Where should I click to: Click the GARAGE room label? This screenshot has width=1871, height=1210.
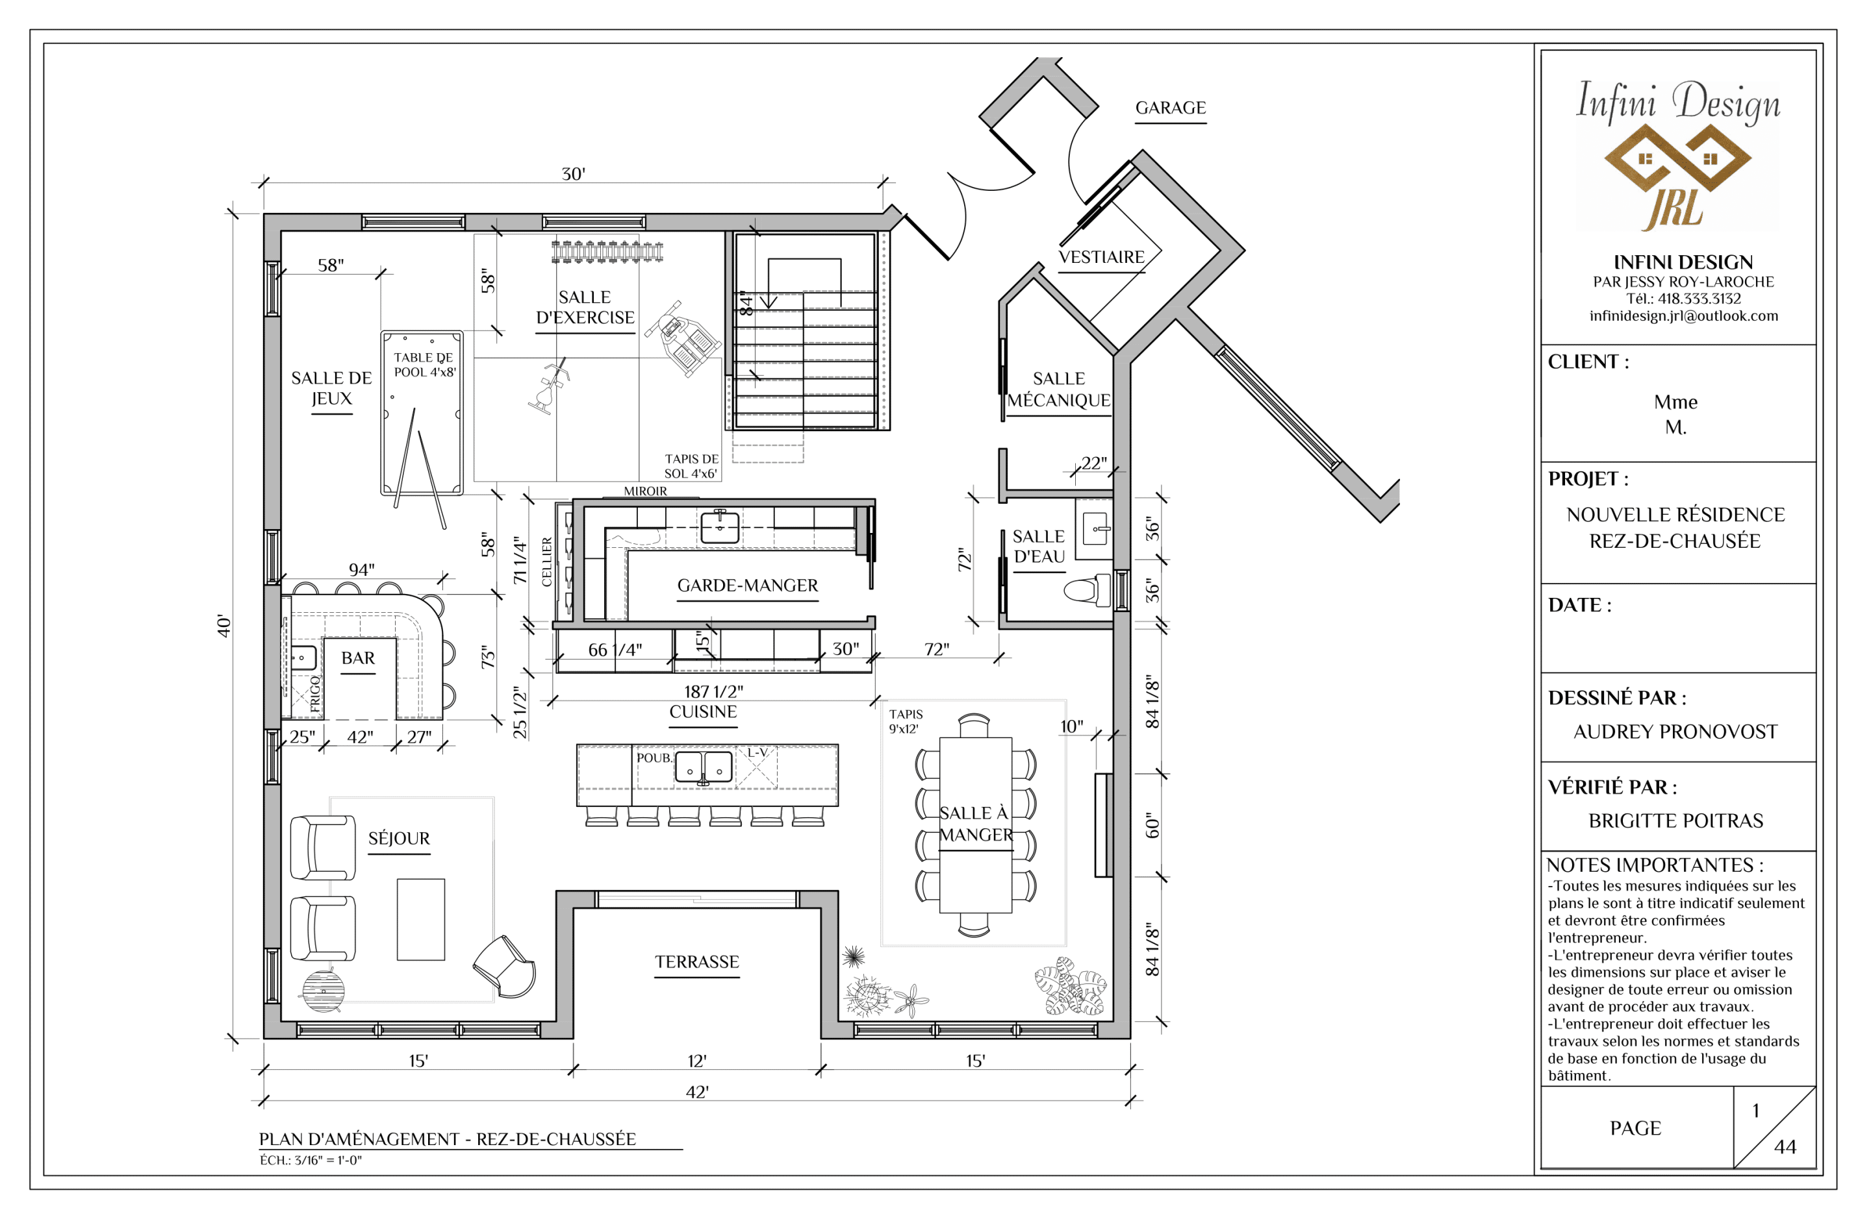click(1171, 108)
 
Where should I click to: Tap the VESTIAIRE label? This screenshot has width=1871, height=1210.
click(1101, 257)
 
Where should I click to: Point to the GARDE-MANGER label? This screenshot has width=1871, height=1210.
click(748, 586)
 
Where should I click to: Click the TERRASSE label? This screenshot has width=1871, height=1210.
click(697, 962)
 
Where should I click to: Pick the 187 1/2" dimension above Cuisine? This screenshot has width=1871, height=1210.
click(714, 691)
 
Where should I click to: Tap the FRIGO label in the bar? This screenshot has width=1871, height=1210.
click(315, 694)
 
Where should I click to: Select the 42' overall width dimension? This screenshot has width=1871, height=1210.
click(697, 1092)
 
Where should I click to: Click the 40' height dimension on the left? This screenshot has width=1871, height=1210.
click(224, 626)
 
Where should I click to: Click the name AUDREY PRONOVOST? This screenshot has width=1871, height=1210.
click(1675, 732)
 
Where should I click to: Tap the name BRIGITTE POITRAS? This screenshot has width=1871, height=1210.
click(1675, 821)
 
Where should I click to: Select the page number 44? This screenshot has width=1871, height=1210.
click(1785, 1147)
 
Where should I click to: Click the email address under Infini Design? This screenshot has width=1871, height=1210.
click(1684, 316)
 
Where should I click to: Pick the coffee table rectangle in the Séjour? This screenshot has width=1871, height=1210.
click(420, 919)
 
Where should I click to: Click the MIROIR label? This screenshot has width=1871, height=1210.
click(645, 491)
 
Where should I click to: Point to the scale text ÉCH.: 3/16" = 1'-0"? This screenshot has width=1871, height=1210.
click(311, 1161)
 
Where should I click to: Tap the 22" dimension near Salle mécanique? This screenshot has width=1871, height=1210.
click(1093, 463)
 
